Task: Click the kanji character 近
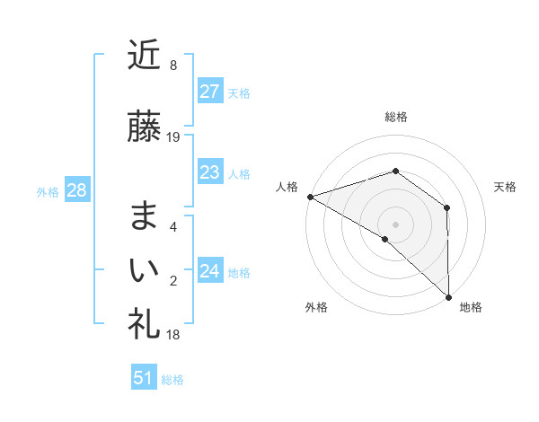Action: [x=144, y=56]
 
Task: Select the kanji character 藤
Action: [x=144, y=127]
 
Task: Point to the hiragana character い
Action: [x=144, y=268]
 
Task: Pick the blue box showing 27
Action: [x=209, y=92]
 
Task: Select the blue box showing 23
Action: [x=209, y=172]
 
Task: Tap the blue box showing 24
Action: [x=209, y=271]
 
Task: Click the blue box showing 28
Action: [x=75, y=190]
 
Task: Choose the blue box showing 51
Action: [x=144, y=378]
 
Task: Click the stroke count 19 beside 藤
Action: [x=173, y=137]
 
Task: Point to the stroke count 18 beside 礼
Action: [x=173, y=335]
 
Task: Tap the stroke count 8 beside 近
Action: [x=172, y=66]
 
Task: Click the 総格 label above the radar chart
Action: [x=395, y=117]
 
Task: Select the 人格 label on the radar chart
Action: [x=287, y=186]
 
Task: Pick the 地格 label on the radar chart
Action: [x=471, y=307]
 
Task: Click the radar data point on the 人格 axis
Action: [x=310, y=196]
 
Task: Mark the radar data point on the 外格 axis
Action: [x=385, y=239]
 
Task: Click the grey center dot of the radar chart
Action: [x=395, y=224]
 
